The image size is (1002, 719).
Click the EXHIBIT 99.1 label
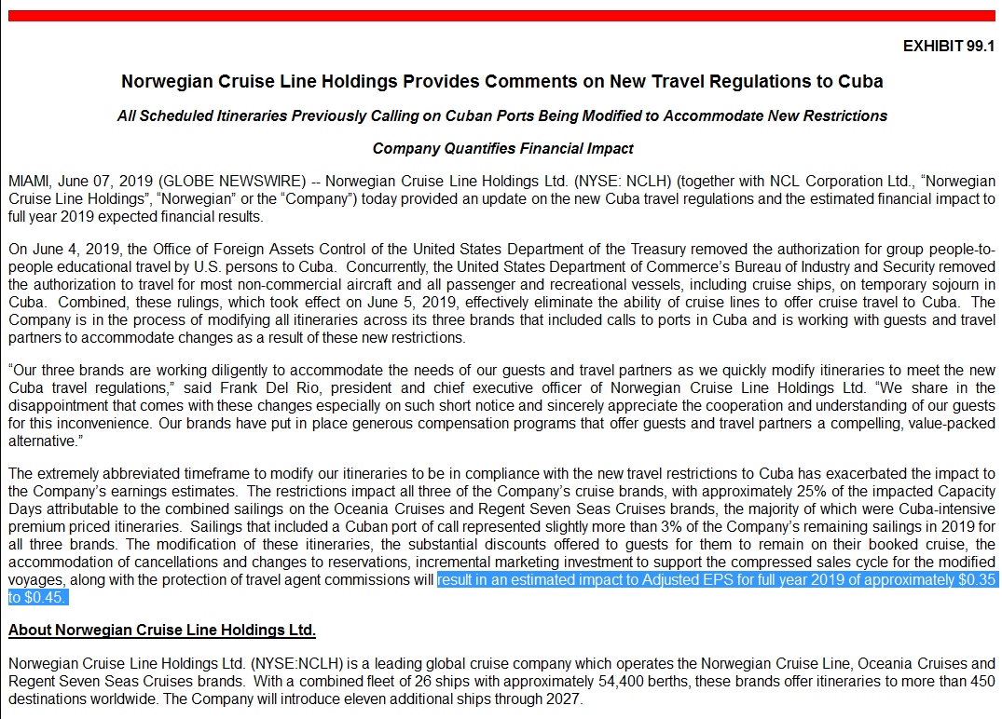[949, 46]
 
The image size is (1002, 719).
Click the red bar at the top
[501, 16]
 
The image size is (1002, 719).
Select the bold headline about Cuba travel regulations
[501, 81]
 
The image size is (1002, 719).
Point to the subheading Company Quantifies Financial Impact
[502, 148]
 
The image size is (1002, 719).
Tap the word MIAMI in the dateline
[28, 180]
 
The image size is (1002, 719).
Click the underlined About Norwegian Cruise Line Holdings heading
[162, 631]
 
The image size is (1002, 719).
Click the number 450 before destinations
[981, 681]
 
